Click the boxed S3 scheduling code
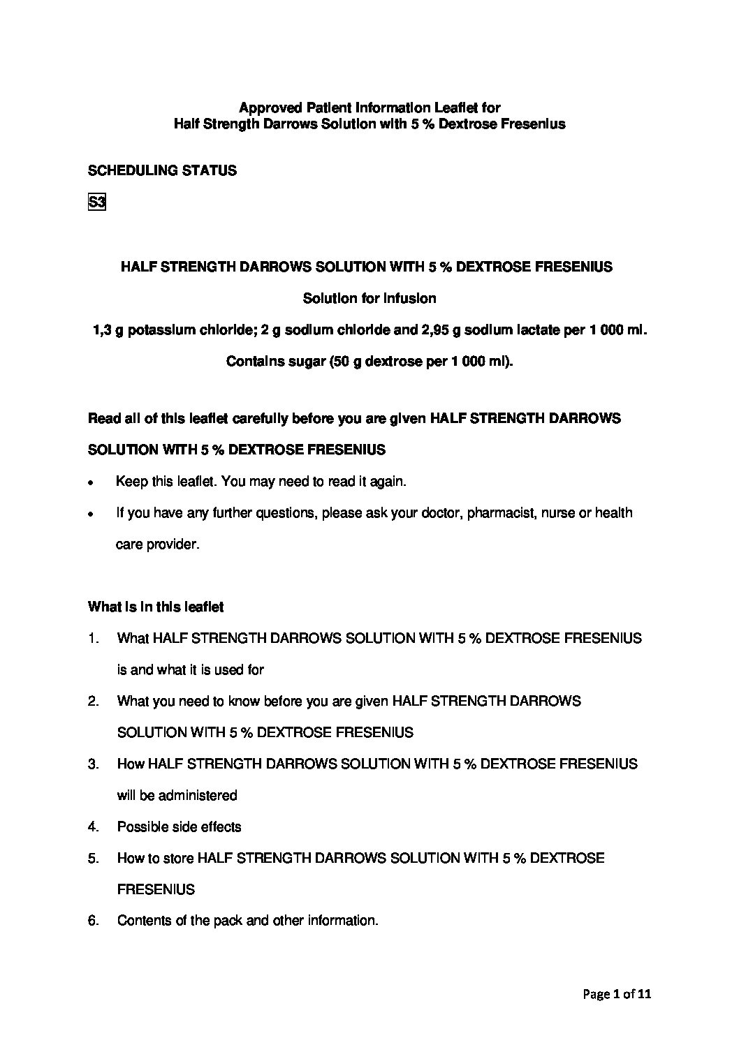pos(96,203)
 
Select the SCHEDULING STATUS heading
pos(162,170)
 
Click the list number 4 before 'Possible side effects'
pos(93,827)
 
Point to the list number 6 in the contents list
pos(93,921)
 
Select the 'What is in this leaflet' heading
pos(156,607)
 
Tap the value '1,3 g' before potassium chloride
pos(108,330)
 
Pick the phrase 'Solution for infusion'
pos(369,299)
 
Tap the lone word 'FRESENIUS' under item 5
pos(156,889)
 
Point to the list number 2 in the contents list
pos(93,701)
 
